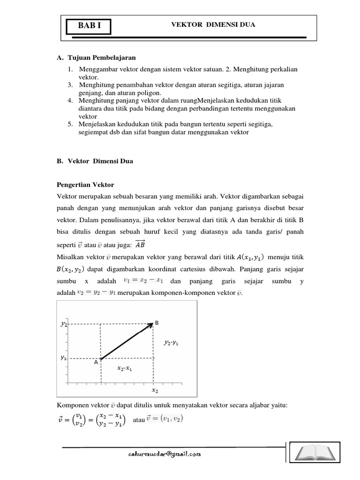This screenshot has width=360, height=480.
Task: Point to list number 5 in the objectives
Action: [x=70, y=124]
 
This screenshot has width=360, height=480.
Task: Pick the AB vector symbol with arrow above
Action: [x=140, y=243]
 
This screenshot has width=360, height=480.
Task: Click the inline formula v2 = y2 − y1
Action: [x=92, y=292]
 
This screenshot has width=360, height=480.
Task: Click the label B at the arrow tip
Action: [x=157, y=323]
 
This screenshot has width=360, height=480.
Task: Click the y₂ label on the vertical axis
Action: [x=64, y=324]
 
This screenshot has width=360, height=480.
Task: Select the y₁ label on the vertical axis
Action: [x=64, y=358]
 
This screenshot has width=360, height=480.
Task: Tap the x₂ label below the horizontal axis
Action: [x=155, y=390]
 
